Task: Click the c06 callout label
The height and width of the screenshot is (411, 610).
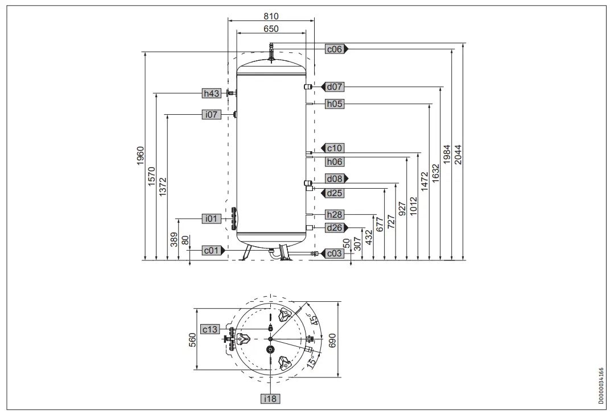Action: point(334,49)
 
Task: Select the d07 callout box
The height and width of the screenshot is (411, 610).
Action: point(335,87)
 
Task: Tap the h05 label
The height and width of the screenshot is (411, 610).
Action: point(335,104)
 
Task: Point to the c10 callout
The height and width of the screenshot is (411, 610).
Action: point(335,148)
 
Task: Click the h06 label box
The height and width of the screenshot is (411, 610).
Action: point(335,161)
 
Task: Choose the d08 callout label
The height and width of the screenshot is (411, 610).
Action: point(335,178)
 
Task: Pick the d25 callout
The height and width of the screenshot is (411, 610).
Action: point(335,193)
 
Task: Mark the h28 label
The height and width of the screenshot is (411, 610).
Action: point(335,214)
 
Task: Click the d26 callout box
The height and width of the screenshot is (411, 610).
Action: point(335,228)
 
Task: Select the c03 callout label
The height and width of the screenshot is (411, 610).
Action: point(335,254)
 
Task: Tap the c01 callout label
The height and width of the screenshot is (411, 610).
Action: point(212,250)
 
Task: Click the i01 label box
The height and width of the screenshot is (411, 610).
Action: point(212,218)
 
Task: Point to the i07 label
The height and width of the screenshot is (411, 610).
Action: point(212,115)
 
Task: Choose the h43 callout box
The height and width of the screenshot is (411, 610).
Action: point(212,93)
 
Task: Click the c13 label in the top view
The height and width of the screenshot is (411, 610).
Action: point(211,330)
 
